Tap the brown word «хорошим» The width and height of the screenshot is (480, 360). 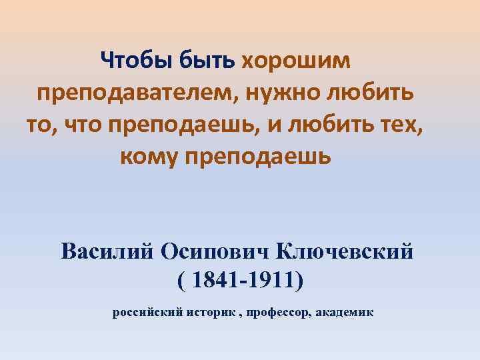[294, 62]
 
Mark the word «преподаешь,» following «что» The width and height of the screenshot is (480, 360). [200, 125]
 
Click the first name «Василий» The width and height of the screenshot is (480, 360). [107, 253]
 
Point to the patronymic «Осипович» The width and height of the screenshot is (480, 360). [215, 253]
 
